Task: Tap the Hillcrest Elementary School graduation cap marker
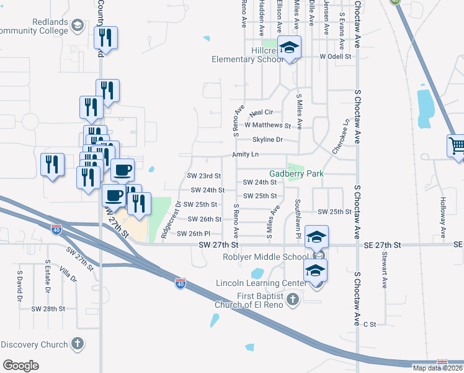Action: [x=288, y=47]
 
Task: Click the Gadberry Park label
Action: [x=297, y=173]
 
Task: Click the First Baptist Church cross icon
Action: [x=293, y=300]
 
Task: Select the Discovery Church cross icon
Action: [x=78, y=343]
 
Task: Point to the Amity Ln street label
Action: [x=245, y=154]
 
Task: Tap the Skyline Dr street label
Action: [x=267, y=140]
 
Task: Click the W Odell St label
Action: [x=336, y=56]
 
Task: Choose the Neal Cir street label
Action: [x=261, y=113]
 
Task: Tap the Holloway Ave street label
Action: [x=443, y=218]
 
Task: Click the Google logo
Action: [x=21, y=365]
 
